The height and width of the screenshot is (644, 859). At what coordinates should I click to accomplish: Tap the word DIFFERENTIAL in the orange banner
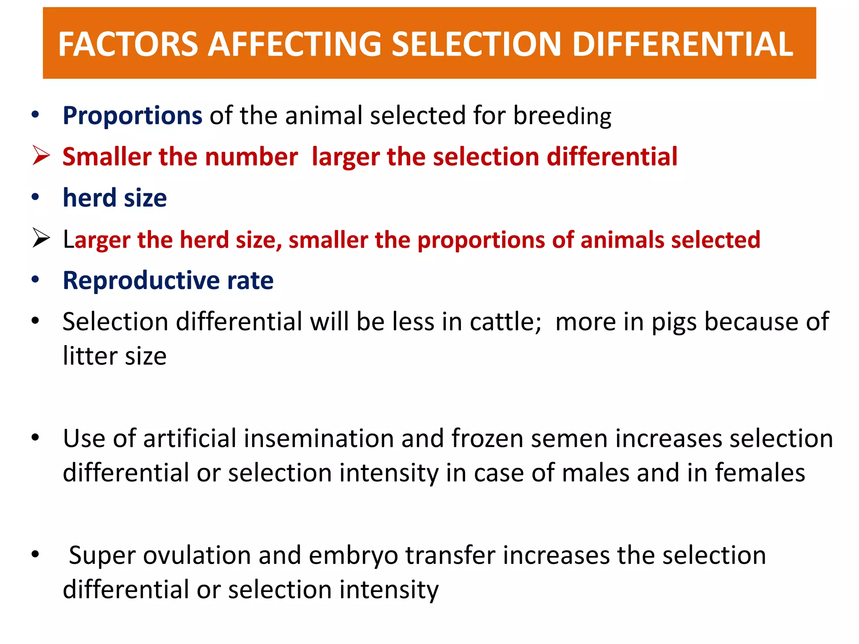point(682,44)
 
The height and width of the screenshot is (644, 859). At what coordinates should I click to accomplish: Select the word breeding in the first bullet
point(562,116)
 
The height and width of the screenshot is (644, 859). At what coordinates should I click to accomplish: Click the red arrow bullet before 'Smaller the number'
point(41,156)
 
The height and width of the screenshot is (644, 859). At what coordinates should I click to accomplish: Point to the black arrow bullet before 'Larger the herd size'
point(41,239)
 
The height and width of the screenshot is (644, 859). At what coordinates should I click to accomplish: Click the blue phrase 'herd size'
point(115,197)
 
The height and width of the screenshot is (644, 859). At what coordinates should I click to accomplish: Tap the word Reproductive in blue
point(141,280)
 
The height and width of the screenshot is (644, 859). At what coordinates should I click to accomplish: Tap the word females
point(760,473)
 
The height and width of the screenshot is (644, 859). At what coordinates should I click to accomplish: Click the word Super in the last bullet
point(102,556)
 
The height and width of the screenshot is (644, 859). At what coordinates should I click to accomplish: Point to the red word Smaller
point(107,157)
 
